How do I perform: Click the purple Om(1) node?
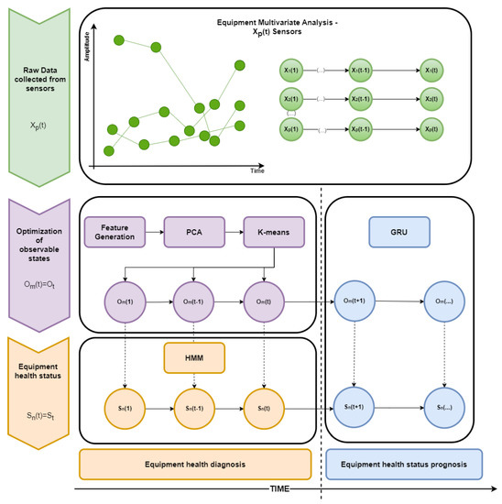coord(120,298)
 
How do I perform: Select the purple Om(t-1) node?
coord(193,298)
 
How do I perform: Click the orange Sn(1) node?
coord(120,400)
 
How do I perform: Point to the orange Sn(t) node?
coord(266,400)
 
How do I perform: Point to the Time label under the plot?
coord(258,170)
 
